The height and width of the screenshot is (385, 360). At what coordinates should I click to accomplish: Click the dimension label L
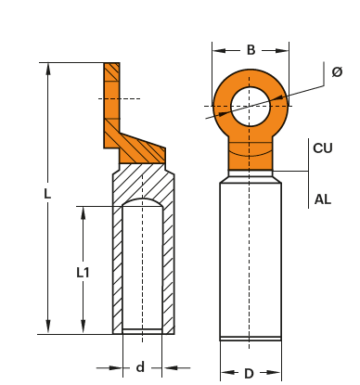47,194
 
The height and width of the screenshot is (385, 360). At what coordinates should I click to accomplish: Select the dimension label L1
83,273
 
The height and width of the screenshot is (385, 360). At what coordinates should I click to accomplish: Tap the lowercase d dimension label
140,367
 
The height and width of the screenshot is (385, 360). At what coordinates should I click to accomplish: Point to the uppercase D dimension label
249,374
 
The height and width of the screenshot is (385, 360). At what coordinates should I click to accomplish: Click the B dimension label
251,50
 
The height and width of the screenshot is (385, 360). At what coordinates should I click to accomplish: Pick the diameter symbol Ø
337,71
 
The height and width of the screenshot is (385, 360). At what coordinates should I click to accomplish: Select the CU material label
323,148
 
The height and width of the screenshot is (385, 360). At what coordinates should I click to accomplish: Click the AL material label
323,199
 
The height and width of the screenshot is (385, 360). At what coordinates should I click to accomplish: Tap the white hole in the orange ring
251,107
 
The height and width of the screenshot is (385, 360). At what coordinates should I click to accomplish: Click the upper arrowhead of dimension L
47,70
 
